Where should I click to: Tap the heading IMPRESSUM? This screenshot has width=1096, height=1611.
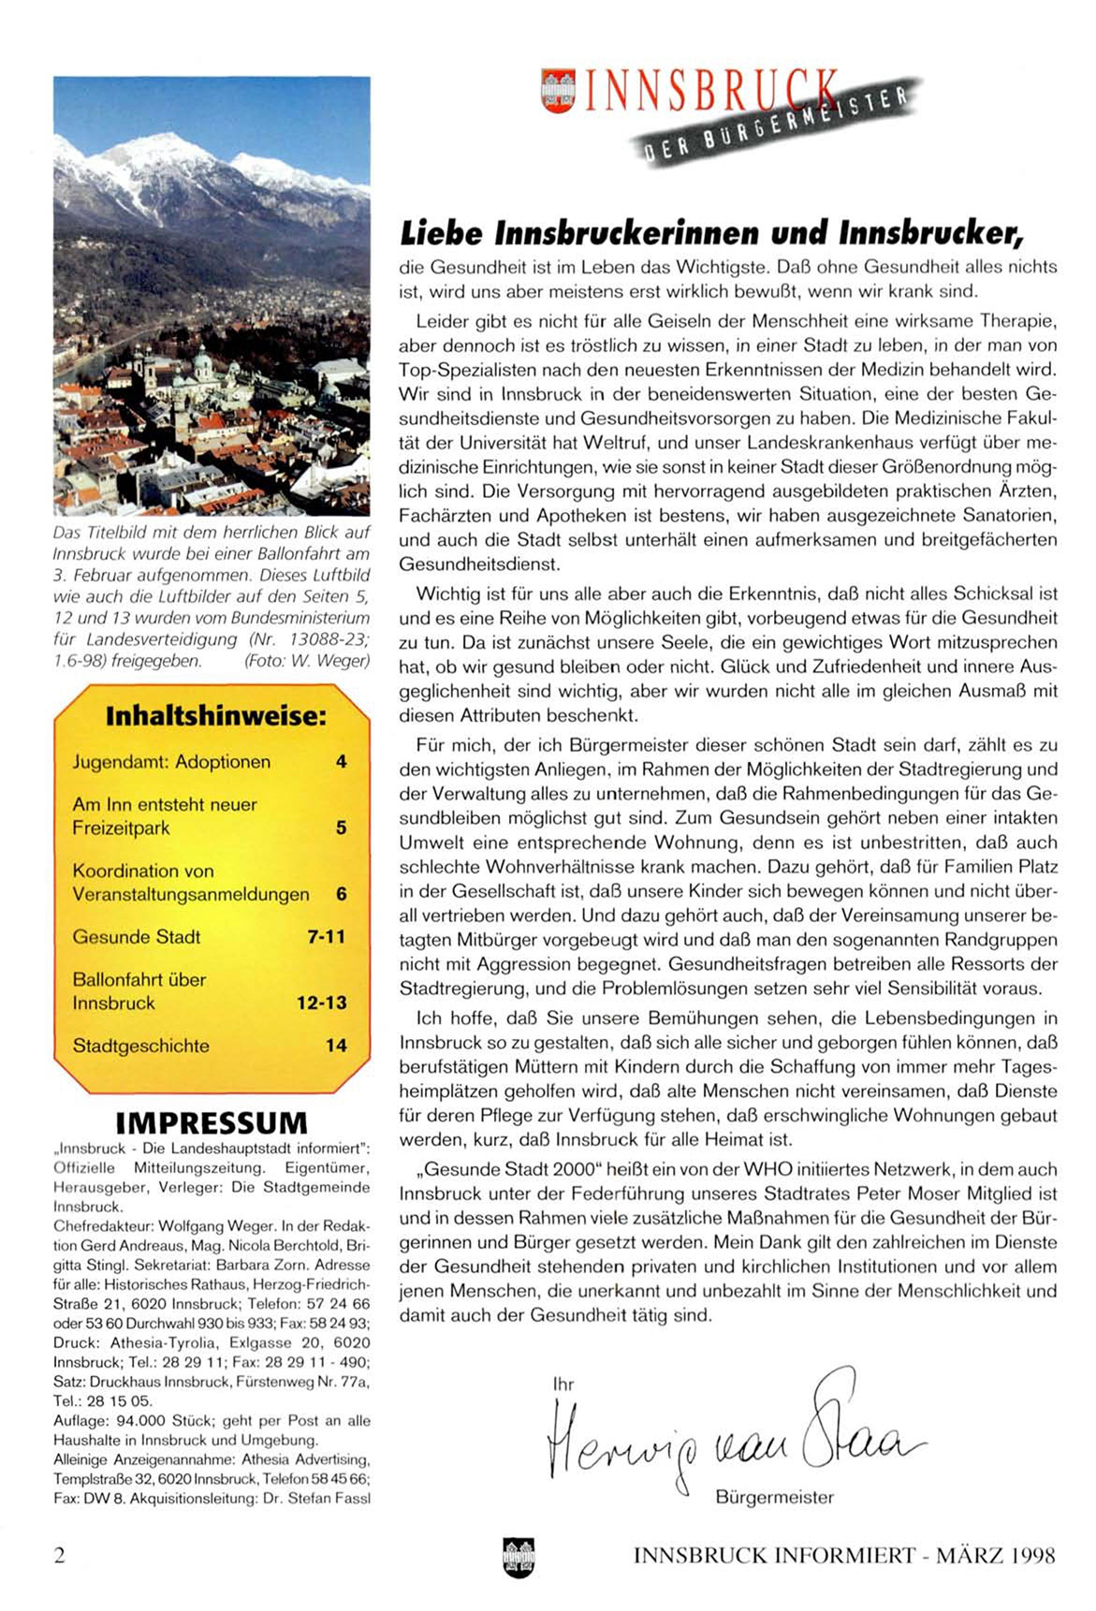click(x=212, y=1122)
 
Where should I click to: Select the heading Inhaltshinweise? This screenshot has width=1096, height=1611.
click(x=215, y=717)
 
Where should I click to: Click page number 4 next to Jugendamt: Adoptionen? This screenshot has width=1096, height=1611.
click(x=341, y=762)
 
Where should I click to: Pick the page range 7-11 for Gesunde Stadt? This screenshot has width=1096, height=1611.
click(x=326, y=937)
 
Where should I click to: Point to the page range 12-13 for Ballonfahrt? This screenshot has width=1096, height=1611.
click(x=321, y=1003)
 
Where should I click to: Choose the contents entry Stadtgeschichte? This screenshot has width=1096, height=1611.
click(x=141, y=1047)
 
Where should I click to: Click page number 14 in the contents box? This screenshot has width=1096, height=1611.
click(x=336, y=1047)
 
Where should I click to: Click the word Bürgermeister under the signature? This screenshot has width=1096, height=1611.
click(x=774, y=1498)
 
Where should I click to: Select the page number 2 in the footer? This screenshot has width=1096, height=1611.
click(x=60, y=1556)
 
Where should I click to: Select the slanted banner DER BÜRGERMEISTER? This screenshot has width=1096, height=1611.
click(x=777, y=124)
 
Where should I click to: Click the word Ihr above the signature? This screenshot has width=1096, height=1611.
click(x=563, y=1384)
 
